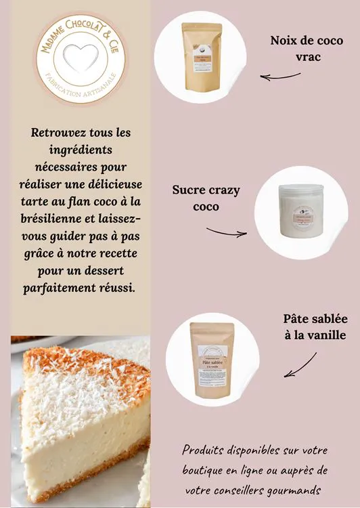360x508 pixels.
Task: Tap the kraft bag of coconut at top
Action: [202, 58]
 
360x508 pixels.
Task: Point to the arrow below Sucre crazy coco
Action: [227, 232]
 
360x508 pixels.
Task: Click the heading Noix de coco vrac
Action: [307, 48]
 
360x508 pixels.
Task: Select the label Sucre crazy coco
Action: [206, 198]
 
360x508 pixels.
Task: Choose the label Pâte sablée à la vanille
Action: [315, 326]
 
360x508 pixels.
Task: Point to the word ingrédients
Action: [81, 148]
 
